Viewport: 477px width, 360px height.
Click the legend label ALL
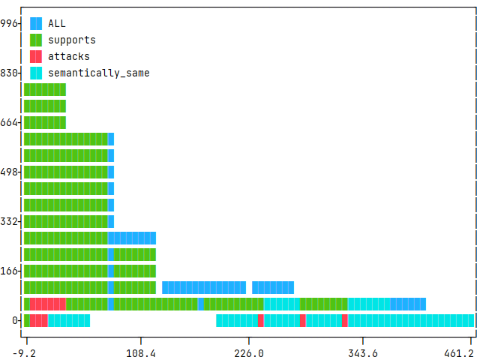(57, 23)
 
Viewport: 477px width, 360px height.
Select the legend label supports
(72, 40)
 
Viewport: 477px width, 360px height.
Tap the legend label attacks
(69, 56)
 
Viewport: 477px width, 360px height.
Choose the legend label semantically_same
(99, 73)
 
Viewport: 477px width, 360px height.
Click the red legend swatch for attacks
(36, 56)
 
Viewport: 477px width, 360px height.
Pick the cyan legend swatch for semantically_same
(36, 73)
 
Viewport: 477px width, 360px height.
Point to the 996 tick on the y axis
(10, 23)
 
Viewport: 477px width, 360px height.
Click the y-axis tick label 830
(10, 73)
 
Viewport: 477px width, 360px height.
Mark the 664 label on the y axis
(10, 122)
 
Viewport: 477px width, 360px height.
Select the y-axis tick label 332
(10, 221)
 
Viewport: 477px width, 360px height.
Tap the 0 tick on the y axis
(15, 320)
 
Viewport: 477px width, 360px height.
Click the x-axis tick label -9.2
(26, 352)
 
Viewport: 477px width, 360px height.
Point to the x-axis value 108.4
(141, 352)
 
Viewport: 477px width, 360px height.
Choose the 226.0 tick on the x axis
(249, 352)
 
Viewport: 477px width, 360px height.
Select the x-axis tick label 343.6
(362, 352)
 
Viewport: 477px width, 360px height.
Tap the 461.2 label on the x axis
(460, 352)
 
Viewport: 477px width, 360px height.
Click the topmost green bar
(45, 89)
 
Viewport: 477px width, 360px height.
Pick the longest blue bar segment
(204, 287)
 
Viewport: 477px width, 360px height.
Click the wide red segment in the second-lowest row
(48, 304)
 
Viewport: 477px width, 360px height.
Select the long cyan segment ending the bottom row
(411, 320)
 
